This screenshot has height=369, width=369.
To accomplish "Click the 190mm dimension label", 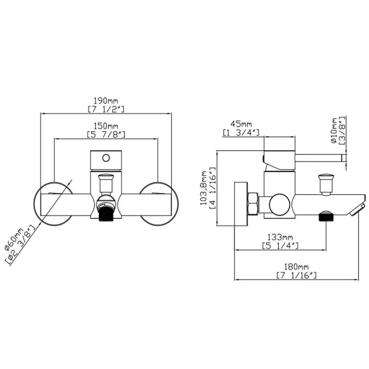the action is pyautogui.click(x=106, y=101).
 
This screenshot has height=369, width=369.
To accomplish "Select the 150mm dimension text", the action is pyautogui.click(x=106, y=126).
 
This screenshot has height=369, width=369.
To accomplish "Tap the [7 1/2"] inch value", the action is pyautogui.click(x=106, y=110).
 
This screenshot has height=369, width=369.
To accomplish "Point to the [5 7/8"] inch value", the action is pyautogui.click(x=106, y=134).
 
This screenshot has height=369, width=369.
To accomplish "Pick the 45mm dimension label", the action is pyautogui.click(x=241, y=124).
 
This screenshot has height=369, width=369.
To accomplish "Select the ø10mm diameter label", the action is pyautogui.click(x=334, y=130).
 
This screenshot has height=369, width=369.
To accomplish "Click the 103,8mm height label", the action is pyautogui.click(x=204, y=188).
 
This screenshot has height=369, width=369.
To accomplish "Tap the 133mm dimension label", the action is pyautogui.click(x=280, y=237).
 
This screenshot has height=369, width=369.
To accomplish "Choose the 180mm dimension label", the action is pyautogui.click(x=296, y=267).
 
